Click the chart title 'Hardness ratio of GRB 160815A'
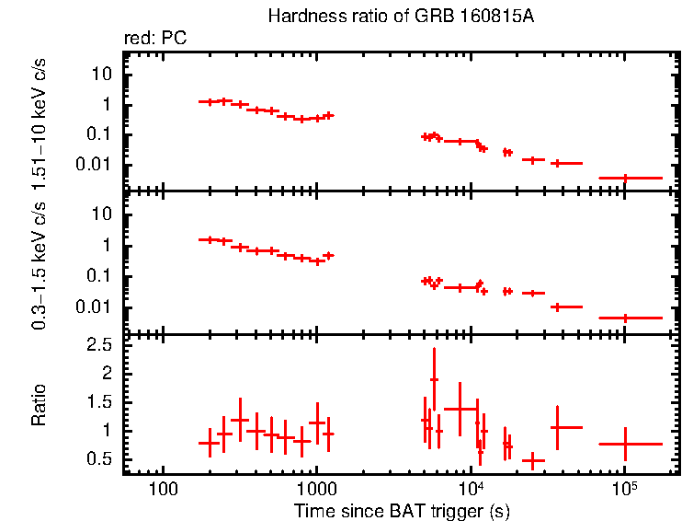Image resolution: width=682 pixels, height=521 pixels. point(400,17)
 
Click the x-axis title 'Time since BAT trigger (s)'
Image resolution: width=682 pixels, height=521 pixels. point(402,509)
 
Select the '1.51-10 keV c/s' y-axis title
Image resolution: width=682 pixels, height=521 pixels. point(39,122)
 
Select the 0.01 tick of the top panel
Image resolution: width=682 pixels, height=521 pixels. point(99,165)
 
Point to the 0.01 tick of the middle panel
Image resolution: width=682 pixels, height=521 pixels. point(99,307)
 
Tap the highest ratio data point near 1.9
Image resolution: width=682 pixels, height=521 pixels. point(434,379)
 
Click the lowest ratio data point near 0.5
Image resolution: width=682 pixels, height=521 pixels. point(533,459)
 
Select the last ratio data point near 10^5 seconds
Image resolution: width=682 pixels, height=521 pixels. point(625,444)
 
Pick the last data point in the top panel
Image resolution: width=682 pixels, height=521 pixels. point(625,178)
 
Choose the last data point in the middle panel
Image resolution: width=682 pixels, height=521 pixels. point(625,318)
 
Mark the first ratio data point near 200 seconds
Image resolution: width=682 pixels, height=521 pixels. point(210,443)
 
